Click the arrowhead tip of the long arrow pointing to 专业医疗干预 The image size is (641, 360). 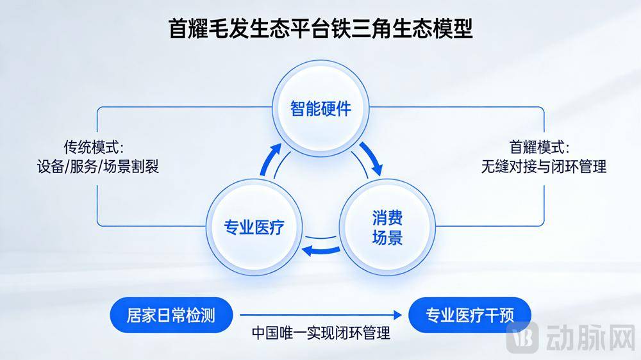402,315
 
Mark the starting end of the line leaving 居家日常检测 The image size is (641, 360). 240,315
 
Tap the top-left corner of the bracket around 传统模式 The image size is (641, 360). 97,108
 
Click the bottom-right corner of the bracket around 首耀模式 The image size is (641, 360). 544,225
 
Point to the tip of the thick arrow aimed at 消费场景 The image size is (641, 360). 379,176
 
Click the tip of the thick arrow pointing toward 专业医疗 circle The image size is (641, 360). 303,250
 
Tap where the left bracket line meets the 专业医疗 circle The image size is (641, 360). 206,226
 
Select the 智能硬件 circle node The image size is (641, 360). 321,108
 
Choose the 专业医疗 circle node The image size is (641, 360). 254,227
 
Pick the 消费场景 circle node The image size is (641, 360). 387,227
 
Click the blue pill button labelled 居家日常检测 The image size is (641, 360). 171,315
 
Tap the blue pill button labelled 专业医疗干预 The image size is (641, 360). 470,315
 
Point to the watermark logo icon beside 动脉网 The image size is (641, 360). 522,337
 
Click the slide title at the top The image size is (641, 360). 321,28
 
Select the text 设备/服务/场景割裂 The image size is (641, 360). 97,167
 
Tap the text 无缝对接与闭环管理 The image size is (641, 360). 544,167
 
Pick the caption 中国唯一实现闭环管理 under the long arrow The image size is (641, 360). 321,333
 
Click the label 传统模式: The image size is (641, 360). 94,147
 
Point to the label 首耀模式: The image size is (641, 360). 539,147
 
